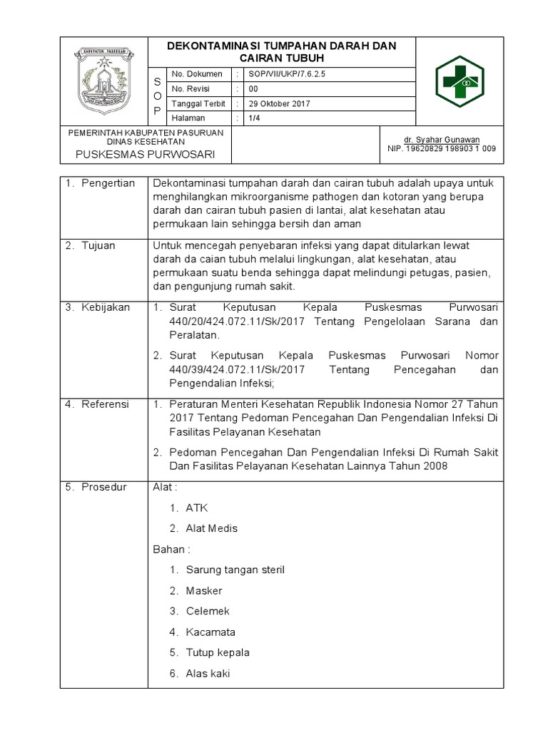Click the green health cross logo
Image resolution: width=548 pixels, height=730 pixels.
pyautogui.click(x=460, y=81)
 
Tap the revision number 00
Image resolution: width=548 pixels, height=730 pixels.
pyautogui.click(x=253, y=89)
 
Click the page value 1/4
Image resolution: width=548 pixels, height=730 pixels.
pyautogui.click(x=254, y=118)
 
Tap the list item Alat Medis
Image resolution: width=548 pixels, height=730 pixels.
pyautogui.click(x=211, y=528)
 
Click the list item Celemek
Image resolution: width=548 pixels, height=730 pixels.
pyautogui.click(x=208, y=611)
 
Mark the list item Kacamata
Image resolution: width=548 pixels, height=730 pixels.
pyautogui.click(x=210, y=632)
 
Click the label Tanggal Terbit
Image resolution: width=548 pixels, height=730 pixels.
pyautogui.click(x=193, y=103)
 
